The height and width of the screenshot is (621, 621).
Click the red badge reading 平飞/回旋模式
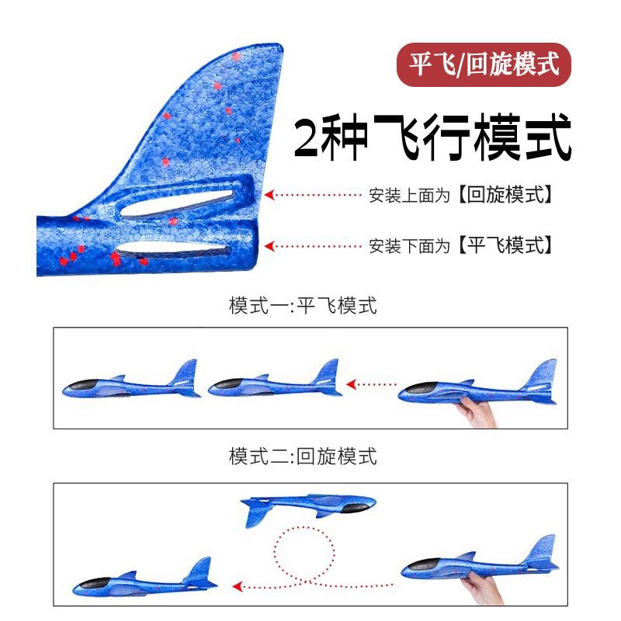(x=484, y=64)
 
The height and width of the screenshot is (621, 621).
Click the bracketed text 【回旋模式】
(x=506, y=195)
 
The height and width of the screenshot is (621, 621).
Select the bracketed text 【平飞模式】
(x=506, y=246)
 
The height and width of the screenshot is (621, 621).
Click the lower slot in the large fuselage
(x=172, y=250)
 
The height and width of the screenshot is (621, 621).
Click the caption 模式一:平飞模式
(x=303, y=305)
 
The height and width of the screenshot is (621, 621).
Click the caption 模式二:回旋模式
(x=303, y=456)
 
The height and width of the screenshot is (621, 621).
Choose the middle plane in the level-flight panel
(x=275, y=381)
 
